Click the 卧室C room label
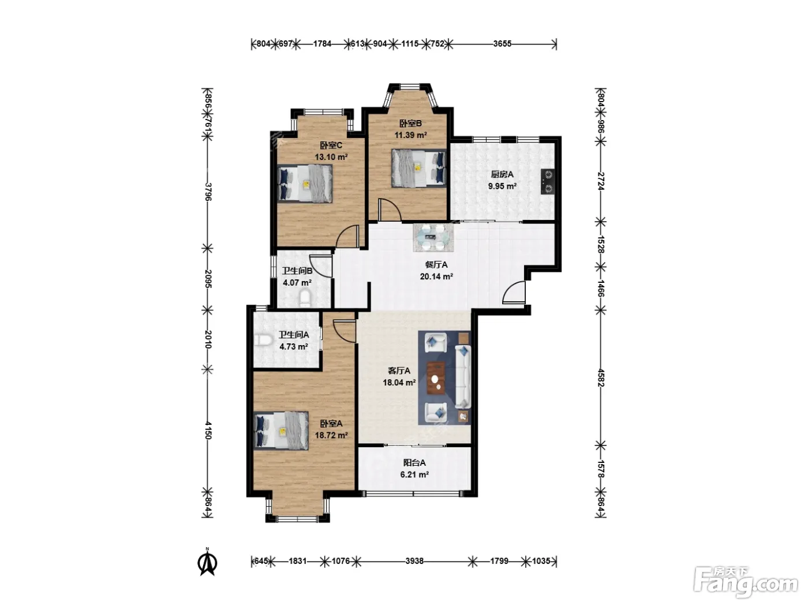331,145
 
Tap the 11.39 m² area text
410,135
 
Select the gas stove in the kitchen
547,181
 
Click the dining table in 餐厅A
433,238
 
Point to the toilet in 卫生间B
305,298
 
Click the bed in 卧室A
281,431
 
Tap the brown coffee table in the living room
436,378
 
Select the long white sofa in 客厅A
463,376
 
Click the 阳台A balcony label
414,462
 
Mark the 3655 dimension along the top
502,44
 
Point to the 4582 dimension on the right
601,377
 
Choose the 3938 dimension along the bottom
414,561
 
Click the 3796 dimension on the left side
208,192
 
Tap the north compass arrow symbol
208,562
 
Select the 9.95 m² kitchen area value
502,186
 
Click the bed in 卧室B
418,168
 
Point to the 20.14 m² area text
436,276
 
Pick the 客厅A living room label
399,371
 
